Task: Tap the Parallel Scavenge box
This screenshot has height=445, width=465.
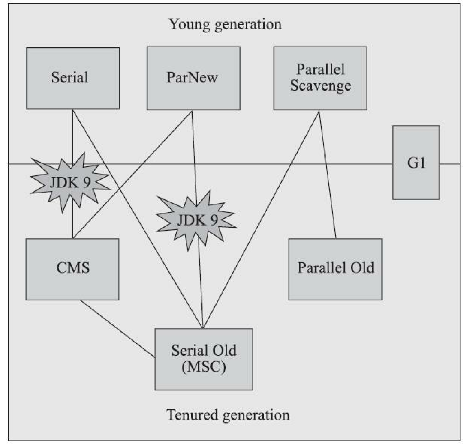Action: [x=320, y=78]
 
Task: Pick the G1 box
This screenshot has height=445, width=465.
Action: [x=416, y=163]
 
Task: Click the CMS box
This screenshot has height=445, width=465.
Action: [x=72, y=269]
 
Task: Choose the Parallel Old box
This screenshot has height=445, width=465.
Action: [x=335, y=269]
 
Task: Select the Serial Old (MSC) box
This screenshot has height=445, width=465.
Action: [x=204, y=359]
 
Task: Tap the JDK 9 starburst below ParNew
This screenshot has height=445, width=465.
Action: [x=197, y=220]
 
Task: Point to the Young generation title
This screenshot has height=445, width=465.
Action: [x=225, y=24]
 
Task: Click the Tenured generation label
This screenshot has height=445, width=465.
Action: [x=228, y=415]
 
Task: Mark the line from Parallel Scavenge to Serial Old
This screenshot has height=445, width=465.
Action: [x=261, y=219]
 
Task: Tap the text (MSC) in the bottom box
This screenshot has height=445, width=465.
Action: [x=204, y=367]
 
